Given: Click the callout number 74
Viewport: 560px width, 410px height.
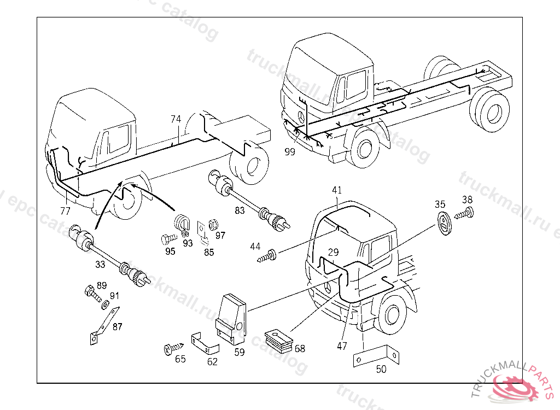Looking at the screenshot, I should pyautogui.click(x=176, y=119).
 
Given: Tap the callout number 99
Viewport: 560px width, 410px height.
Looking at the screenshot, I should pyautogui.click(x=290, y=152).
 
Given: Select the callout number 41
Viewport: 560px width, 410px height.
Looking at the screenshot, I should pyautogui.click(x=337, y=190).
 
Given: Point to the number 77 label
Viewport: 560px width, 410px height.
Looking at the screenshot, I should pyautogui.click(x=66, y=210).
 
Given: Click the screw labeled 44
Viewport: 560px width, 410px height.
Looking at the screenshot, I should pyautogui.click(x=270, y=255).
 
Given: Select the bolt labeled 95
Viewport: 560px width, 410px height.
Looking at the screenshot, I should pyautogui.click(x=167, y=238).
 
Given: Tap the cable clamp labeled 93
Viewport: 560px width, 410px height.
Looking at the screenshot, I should pyautogui.click(x=182, y=224).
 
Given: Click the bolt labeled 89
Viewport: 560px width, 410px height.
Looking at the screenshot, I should pyautogui.click(x=91, y=294).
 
